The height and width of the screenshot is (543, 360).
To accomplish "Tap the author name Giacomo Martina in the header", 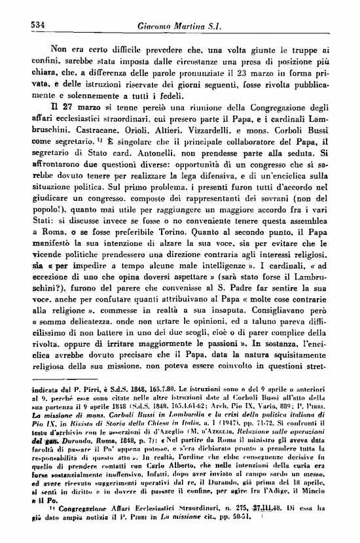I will (175, 26).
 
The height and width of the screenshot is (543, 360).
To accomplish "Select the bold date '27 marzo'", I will (59, 108).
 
